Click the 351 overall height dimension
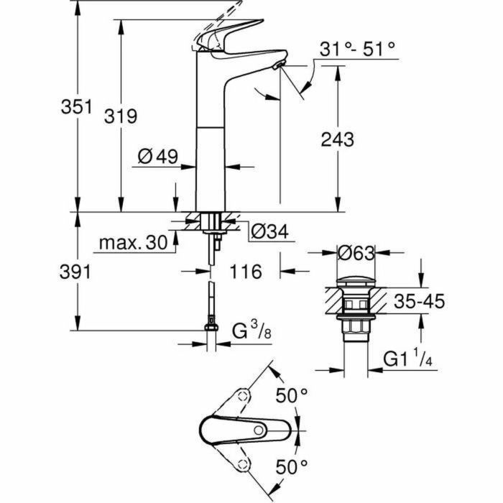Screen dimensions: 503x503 76,107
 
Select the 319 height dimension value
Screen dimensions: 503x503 121,116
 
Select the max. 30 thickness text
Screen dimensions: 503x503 132,243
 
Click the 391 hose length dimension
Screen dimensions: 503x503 76,271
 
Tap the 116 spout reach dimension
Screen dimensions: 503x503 244,271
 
